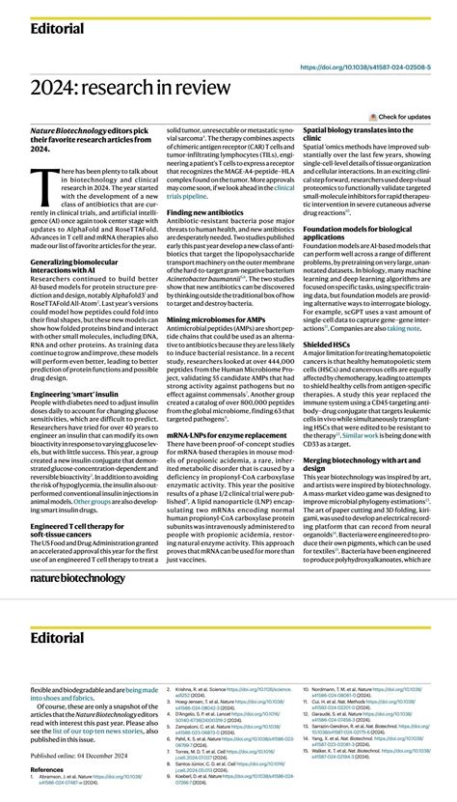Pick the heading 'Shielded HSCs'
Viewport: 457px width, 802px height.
(x=328, y=343)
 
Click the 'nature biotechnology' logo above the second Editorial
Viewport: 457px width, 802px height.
(x=77, y=578)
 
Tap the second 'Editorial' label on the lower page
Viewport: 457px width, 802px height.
(x=57, y=637)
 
